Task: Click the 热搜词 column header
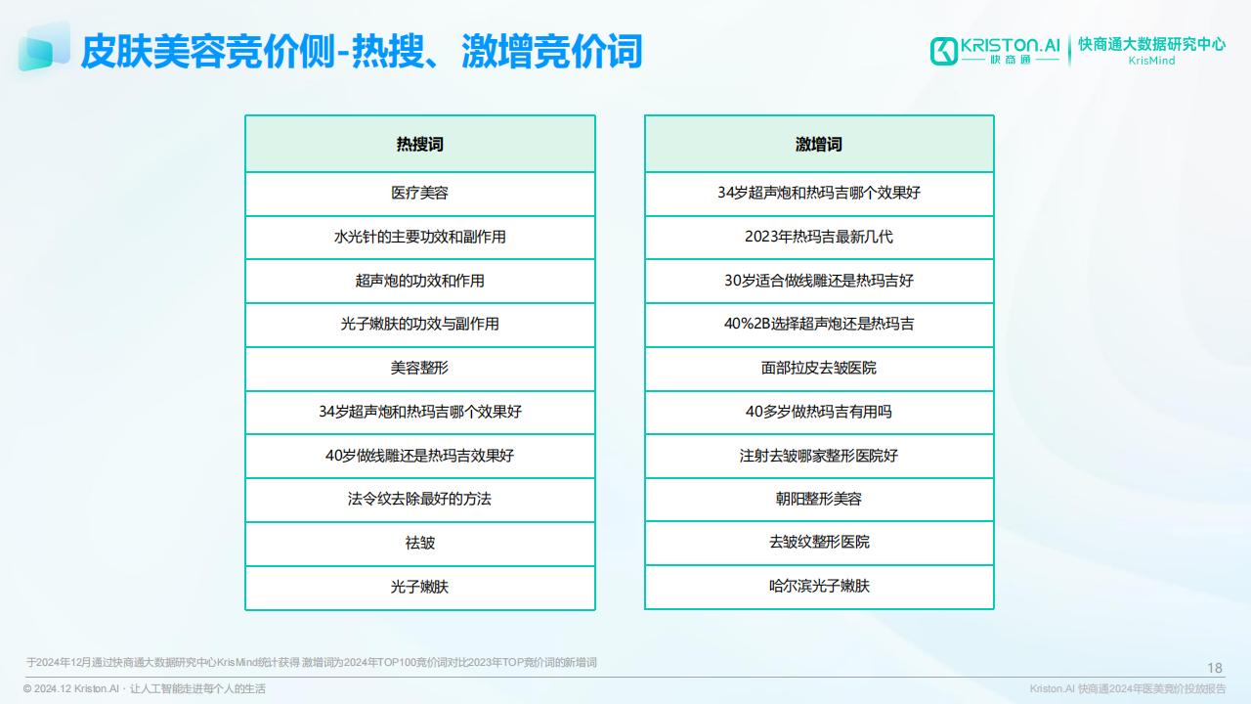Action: pyautogui.click(x=420, y=144)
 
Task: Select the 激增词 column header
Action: pyautogui.click(x=819, y=144)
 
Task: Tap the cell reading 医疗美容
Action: pyautogui.click(x=420, y=194)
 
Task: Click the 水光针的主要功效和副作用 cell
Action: pyautogui.click(x=420, y=237)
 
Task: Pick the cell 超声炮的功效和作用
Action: pyautogui.click(x=420, y=281)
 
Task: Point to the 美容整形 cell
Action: pyautogui.click(x=420, y=369)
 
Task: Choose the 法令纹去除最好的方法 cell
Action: pyautogui.click(x=420, y=499)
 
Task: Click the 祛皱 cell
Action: pyautogui.click(x=420, y=543)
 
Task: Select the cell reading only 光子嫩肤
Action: pyautogui.click(x=420, y=587)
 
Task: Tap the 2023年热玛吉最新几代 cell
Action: pyautogui.click(x=819, y=237)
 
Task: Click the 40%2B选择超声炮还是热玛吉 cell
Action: pyautogui.click(x=819, y=324)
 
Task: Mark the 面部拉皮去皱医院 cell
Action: pyautogui.click(x=819, y=369)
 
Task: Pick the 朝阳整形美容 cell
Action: pyautogui.click(x=819, y=499)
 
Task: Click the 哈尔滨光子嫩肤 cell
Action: pyautogui.click(x=819, y=586)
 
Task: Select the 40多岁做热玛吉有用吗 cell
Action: pyautogui.click(x=819, y=412)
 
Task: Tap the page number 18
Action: pyautogui.click(x=1215, y=668)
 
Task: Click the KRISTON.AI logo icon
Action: pyautogui.click(x=944, y=51)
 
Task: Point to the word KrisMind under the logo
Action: pyautogui.click(x=1151, y=61)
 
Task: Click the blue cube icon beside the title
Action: pyautogui.click(x=44, y=47)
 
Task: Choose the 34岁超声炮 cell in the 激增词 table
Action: pyautogui.click(x=819, y=194)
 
